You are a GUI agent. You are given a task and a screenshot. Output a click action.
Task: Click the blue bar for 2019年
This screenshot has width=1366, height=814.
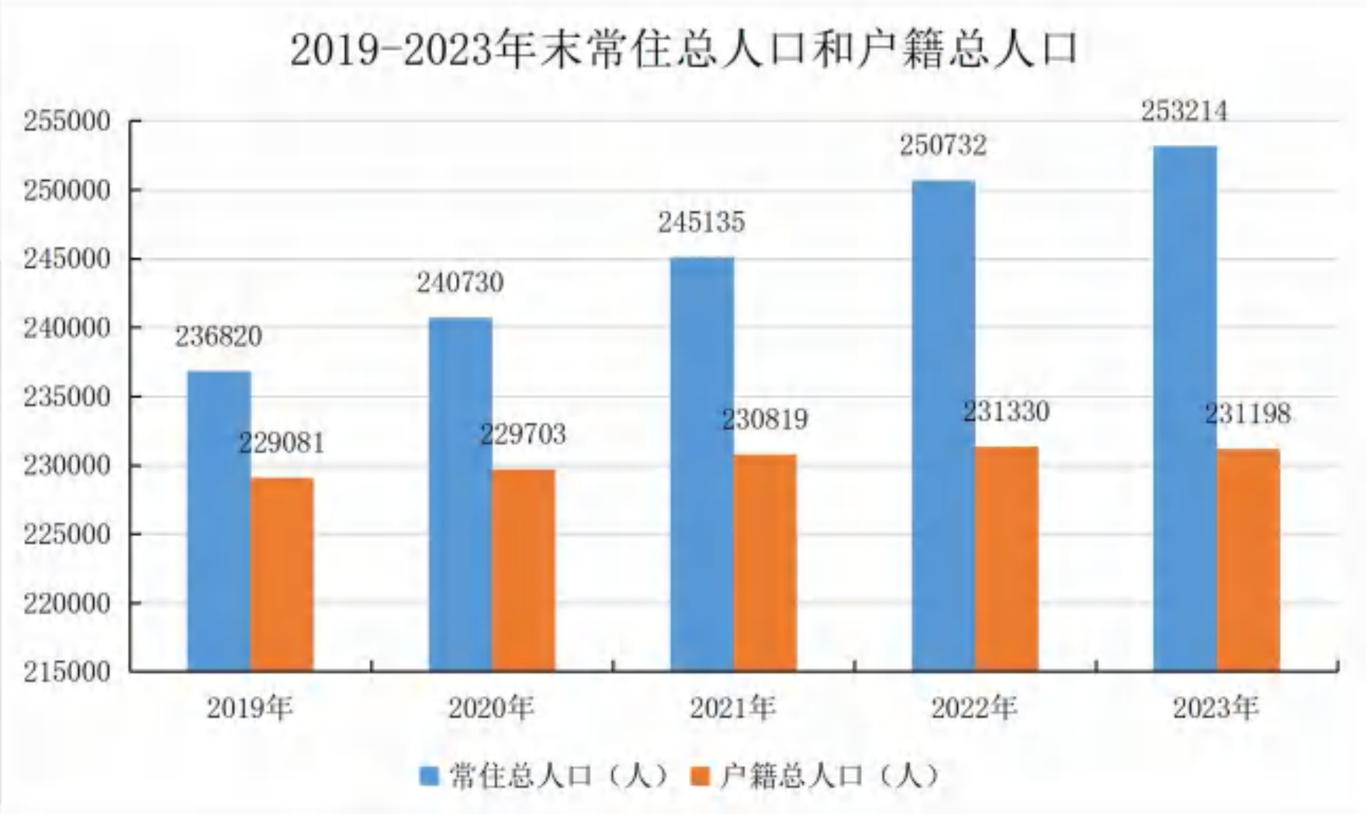pos(220,521)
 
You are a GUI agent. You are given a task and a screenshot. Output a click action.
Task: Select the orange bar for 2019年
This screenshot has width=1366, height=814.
pos(282,574)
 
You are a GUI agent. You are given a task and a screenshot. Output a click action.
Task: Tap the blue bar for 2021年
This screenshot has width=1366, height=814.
pos(702,464)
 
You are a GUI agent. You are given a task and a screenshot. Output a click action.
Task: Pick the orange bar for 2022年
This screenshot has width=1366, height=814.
pos(1007,559)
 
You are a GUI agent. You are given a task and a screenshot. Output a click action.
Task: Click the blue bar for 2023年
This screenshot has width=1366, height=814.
pos(1185,408)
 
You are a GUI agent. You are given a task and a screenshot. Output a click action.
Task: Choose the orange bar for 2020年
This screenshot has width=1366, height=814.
pos(524,570)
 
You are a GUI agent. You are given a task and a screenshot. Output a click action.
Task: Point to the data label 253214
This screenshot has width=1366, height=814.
pos(1184,112)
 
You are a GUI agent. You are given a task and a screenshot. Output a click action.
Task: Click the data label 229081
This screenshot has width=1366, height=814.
pos(282,443)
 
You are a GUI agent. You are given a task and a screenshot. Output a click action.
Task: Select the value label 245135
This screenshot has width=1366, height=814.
pos(702,223)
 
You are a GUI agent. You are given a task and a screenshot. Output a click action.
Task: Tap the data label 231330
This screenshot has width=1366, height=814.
pos(1006,411)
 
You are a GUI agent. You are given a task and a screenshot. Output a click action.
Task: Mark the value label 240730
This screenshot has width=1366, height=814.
pos(460,282)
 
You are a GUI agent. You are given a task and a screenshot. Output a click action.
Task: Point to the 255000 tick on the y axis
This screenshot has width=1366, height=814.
pos(67,122)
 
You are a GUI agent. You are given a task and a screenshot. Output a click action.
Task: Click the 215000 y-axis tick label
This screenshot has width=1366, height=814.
pos(67,672)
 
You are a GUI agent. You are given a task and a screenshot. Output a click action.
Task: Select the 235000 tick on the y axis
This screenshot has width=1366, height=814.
pos(67,397)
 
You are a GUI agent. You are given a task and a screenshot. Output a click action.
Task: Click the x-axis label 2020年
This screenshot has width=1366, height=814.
pos(491,708)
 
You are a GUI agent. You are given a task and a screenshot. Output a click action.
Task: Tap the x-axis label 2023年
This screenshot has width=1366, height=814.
pos(1216,708)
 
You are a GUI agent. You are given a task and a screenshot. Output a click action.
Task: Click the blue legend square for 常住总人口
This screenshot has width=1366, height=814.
pos(429,775)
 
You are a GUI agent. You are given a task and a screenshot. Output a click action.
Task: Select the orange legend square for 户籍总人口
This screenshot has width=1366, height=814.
pos(700,775)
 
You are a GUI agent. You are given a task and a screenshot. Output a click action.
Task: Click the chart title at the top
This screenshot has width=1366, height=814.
pos(684,50)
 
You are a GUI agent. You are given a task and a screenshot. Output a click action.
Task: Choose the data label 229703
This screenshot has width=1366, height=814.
pos(523,435)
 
